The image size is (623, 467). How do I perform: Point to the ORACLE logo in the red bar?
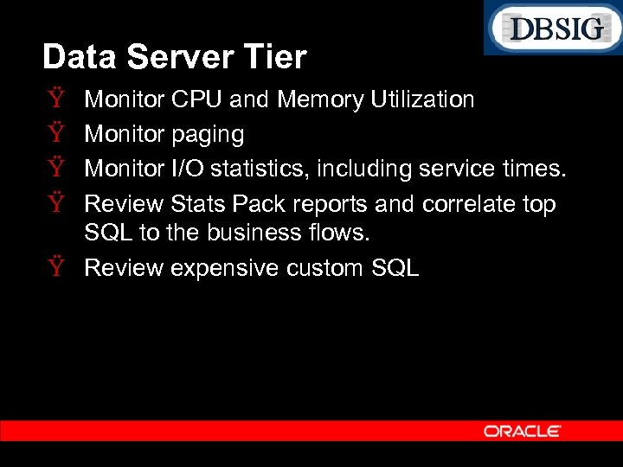click(523, 431)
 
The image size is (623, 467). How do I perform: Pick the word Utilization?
click(421, 100)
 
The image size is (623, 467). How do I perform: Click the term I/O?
click(189, 169)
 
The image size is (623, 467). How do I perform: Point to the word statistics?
click(260, 169)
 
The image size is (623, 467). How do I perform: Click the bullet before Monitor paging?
click(55, 135)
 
